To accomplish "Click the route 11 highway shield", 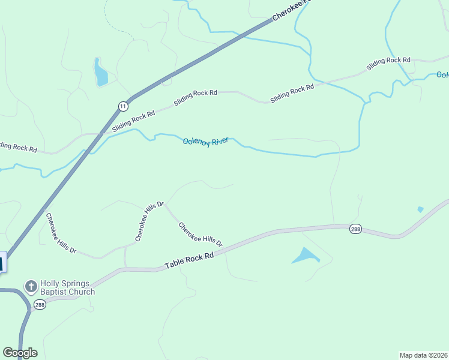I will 123,106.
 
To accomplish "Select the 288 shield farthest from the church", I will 355,229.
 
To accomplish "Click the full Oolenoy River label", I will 206,142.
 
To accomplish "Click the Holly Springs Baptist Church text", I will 67,288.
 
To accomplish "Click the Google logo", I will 20,353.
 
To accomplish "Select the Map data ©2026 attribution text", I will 423,355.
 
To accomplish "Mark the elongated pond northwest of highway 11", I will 100,73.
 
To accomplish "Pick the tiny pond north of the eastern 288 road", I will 420,209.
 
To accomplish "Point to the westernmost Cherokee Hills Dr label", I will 61,233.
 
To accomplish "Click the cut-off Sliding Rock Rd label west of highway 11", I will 19,146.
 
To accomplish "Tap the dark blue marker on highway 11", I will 2,262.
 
